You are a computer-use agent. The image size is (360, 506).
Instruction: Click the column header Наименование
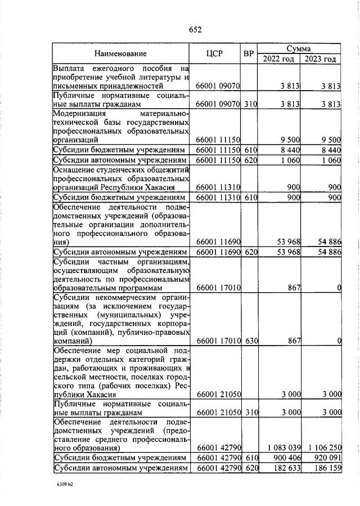(120, 54)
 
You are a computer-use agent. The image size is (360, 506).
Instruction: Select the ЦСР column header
(215, 54)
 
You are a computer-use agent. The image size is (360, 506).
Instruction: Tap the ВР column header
(248, 54)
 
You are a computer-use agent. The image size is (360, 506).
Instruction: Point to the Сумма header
(299, 48)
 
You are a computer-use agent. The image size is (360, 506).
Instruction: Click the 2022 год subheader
(279, 59)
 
